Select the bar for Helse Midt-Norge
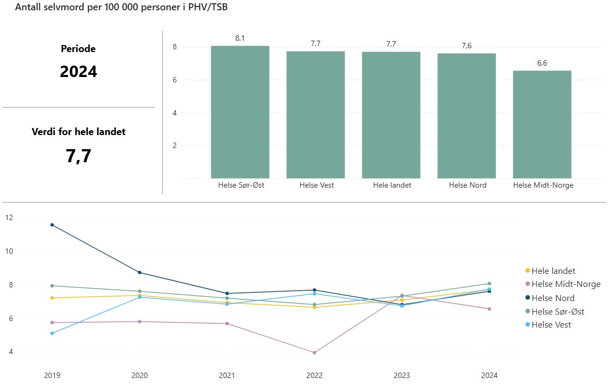click(542, 124)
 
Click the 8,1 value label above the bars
click(240, 38)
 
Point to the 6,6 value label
click(542, 63)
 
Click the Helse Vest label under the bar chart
click(316, 185)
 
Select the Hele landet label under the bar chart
click(392, 185)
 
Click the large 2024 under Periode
click(78, 72)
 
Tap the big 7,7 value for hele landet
click(78, 156)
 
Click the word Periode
click(78, 49)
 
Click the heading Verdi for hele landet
click(78, 132)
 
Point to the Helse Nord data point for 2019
click(52, 225)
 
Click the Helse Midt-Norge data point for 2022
click(315, 353)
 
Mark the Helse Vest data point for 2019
click(52, 333)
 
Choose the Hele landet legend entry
click(553, 271)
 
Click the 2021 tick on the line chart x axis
click(227, 375)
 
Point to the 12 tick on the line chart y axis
click(9, 217)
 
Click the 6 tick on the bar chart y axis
click(175, 80)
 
